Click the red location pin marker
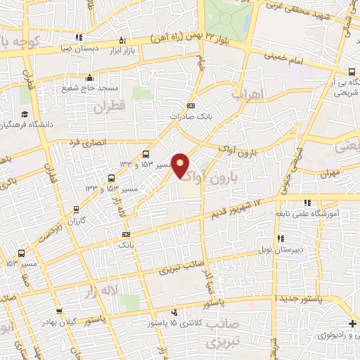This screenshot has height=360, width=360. (x=181, y=165)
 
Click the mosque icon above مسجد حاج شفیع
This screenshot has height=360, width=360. (x=89, y=77)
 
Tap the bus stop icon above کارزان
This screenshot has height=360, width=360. (x=111, y=178)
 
